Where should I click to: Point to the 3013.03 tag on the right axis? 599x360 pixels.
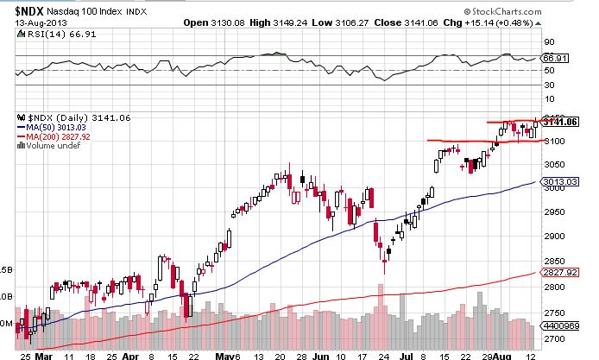click(576, 181)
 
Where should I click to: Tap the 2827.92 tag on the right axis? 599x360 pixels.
click(576, 272)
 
